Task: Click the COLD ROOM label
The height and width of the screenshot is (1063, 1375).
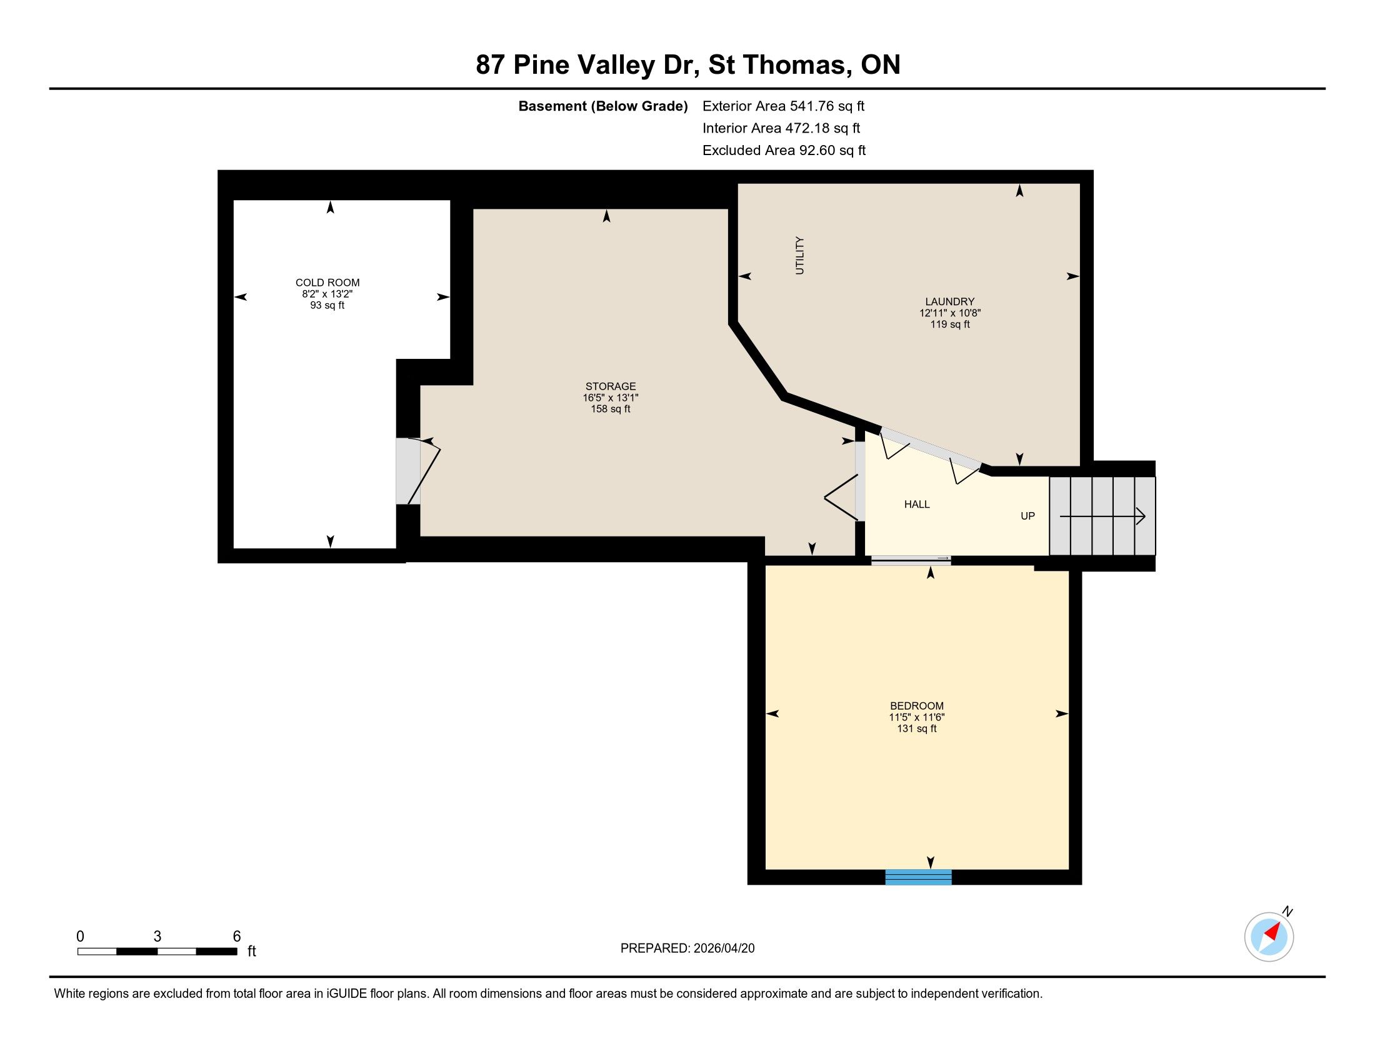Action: [x=327, y=283]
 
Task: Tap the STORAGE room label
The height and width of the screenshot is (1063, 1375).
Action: [x=610, y=386]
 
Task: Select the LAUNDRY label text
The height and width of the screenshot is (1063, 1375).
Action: [x=949, y=301]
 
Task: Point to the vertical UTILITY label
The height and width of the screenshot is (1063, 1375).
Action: [x=799, y=255]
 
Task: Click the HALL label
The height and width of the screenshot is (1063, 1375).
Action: [x=917, y=504]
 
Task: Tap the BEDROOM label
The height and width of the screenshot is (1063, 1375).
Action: [x=917, y=706]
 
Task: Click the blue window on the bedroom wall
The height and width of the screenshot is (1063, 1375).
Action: [x=918, y=877]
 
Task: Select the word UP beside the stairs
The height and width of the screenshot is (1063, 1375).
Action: [x=1027, y=516]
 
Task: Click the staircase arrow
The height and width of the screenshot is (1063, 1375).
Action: [x=1102, y=516]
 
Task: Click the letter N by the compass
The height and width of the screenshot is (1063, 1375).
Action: [x=1287, y=911]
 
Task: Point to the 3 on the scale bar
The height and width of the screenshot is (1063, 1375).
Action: [x=157, y=937]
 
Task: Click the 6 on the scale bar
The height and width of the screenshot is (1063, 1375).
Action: [x=237, y=937]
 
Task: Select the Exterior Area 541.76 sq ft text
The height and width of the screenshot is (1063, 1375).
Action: [x=783, y=106]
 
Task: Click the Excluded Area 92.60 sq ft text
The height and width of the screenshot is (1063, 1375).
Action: [x=784, y=150]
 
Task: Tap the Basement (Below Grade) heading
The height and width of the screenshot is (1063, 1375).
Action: [x=602, y=106]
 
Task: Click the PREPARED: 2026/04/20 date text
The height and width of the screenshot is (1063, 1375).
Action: [x=687, y=948]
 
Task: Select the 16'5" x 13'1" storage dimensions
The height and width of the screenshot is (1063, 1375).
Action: [x=610, y=397]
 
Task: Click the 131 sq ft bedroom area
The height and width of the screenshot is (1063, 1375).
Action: [x=917, y=728]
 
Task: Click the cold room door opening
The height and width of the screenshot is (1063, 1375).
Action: [x=407, y=470]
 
